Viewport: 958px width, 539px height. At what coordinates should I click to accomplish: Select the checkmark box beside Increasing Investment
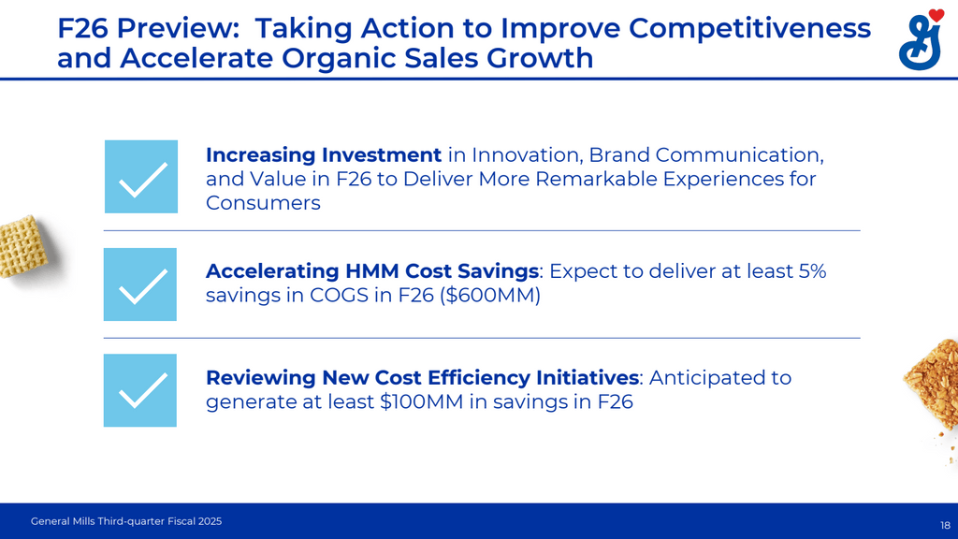pos(140,177)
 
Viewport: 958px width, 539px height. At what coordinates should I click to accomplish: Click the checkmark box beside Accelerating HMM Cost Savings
pos(140,284)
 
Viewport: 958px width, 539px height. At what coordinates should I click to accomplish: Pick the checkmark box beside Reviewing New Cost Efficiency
pos(140,390)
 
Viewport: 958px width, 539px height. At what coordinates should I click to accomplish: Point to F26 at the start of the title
pos(83,28)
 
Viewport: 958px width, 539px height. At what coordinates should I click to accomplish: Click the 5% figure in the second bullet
pos(808,271)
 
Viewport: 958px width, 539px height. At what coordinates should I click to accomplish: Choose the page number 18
pos(944,525)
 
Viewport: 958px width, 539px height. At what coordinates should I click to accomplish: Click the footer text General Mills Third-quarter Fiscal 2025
pos(126,520)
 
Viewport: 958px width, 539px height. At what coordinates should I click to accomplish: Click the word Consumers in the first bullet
pos(263,202)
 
